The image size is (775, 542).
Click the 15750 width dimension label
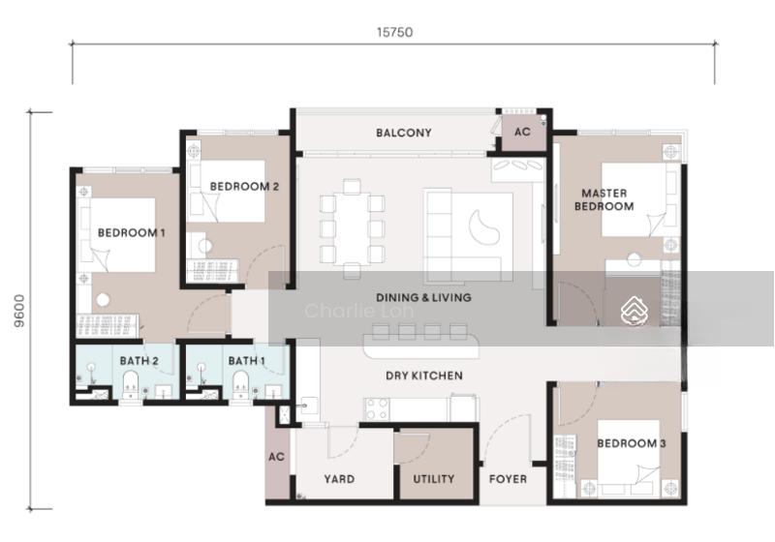[394, 32]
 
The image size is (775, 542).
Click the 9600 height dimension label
[18, 311]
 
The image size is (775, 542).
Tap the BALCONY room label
[404, 133]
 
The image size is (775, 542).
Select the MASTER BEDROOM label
[604, 200]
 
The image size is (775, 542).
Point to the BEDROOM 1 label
[132, 232]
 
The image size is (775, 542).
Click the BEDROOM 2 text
[245, 187]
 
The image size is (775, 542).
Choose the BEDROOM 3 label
[632, 443]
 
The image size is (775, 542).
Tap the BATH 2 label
[139, 361]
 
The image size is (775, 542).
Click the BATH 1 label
[247, 361]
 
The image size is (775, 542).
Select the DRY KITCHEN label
[424, 376]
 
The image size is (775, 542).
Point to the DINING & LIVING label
[423, 298]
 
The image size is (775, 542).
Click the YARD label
[339, 479]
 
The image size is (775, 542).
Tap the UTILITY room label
[433, 479]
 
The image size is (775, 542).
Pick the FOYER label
[508, 479]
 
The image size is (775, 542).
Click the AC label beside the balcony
[522, 132]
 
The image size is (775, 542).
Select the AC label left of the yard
[277, 457]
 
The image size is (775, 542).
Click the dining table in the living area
[352, 228]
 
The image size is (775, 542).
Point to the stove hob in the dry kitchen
[377, 409]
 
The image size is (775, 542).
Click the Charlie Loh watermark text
[359, 311]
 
